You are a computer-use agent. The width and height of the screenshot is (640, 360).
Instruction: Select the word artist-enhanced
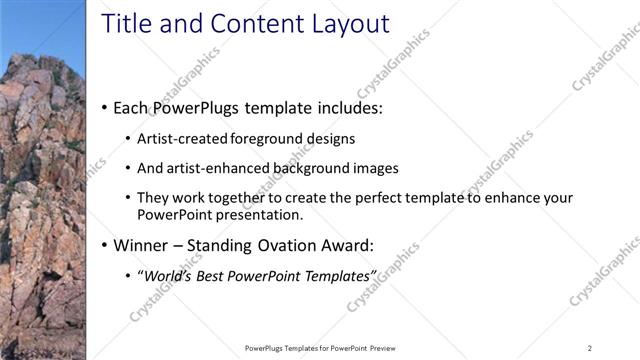tap(216, 168)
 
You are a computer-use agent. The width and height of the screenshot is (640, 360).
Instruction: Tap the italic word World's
tap(170, 275)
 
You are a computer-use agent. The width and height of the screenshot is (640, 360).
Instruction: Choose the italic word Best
tap(220, 275)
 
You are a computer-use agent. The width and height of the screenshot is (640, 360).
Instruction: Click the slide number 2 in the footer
tap(590, 348)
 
